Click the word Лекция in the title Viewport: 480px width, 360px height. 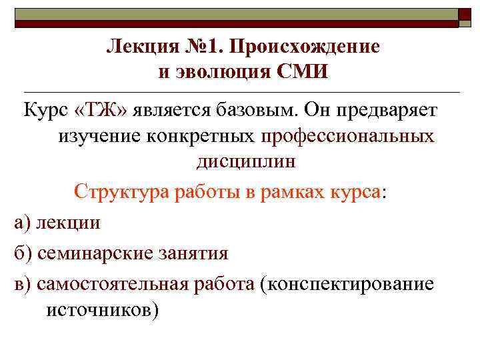137,47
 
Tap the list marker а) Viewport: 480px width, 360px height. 22,222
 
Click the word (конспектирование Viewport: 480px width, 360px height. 347,284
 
